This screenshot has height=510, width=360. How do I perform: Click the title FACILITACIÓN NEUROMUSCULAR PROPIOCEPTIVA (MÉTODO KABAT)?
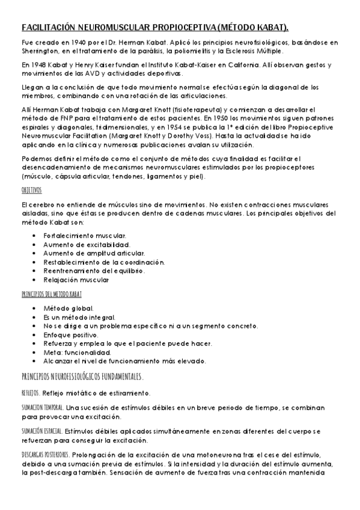(x=155, y=28)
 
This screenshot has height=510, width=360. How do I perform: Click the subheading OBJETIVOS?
(x=31, y=189)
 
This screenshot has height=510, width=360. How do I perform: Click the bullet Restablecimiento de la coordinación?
(x=103, y=262)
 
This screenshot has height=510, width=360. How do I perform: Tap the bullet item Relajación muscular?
(x=76, y=280)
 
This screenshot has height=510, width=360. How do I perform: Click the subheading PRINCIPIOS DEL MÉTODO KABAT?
(x=51, y=294)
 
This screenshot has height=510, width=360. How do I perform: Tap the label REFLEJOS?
(x=31, y=393)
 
